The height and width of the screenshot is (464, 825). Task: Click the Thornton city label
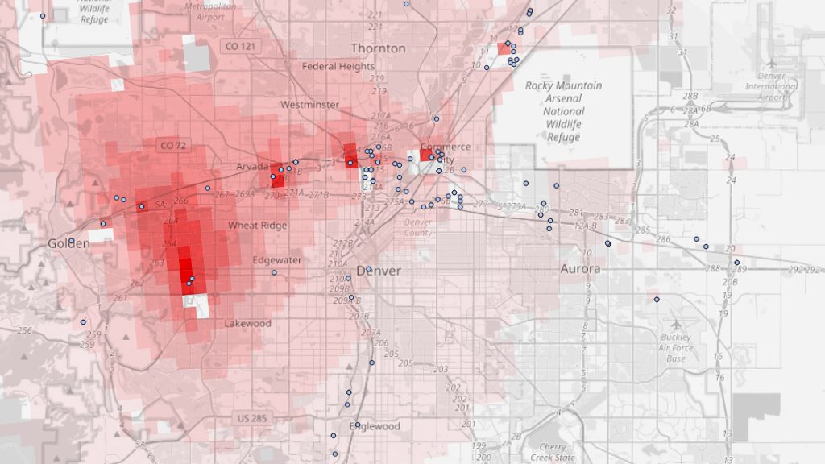click(378, 48)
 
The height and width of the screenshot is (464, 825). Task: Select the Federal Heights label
click(338, 66)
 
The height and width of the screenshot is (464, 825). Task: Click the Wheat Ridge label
click(257, 226)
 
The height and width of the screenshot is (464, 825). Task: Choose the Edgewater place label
click(277, 260)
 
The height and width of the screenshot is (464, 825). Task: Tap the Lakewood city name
click(247, 323)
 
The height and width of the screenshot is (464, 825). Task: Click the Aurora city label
click(580, 268)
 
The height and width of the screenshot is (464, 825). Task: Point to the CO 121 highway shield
click(239, 47)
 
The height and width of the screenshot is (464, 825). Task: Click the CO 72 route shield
click(173, 146)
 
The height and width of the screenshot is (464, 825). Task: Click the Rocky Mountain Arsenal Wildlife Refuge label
click(563, 111)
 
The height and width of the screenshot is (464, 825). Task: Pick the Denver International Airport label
click(771, 86)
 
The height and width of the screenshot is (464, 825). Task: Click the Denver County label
click(418, 227)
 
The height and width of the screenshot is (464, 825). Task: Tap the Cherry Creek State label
click(553, 452)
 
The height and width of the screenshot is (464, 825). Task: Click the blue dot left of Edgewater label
click(274, 272)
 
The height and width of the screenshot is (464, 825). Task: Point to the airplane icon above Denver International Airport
click(771, 63)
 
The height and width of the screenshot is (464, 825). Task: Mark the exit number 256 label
click(25, 330)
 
